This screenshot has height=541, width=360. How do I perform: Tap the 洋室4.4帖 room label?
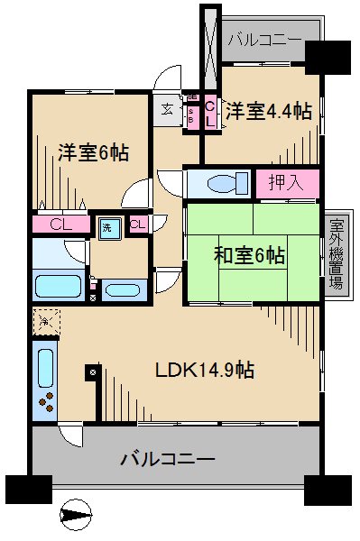point(269,111)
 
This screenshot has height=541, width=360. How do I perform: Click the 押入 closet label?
point(287,183)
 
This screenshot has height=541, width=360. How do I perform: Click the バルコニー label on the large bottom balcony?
point(168,459)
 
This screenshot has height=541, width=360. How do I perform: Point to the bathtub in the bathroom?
point(60,288)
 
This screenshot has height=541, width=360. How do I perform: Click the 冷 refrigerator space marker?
point(45,319)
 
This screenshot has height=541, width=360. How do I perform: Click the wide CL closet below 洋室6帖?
point(61,224)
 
